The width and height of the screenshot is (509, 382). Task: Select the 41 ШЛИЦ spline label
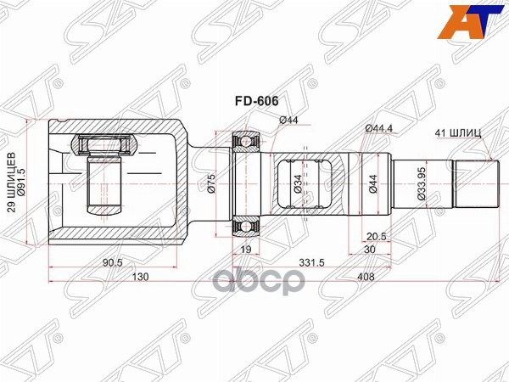[458, 133]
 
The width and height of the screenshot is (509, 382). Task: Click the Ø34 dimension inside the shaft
[298, 183]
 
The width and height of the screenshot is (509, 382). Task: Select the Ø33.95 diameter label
[422, 183]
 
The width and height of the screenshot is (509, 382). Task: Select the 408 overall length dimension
[366, 278]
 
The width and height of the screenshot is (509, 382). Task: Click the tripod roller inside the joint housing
[106, 146]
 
